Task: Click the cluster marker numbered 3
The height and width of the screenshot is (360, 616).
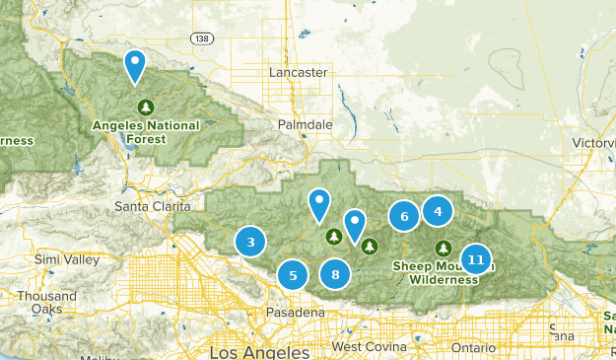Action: click(x=251, y=242)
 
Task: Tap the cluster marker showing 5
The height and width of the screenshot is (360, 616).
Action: click(x=292, y=276)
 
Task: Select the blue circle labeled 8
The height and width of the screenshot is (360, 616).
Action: click(x=336, y=275)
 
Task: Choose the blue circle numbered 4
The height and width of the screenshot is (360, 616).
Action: click(x=438, y=209)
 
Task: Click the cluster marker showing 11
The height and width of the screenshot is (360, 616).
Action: click(x=476, y=260)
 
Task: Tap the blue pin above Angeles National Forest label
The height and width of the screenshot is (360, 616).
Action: click(x=135, y=65)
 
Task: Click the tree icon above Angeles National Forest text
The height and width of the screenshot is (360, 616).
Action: click(x=146, y=107)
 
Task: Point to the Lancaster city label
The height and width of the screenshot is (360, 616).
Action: click(x=298, y=73)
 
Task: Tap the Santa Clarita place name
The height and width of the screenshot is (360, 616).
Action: click(x=152, y=206)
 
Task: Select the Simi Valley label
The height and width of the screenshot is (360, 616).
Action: click(x=67, y=259)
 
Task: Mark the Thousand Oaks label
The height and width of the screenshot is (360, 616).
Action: click(x=46, y=302)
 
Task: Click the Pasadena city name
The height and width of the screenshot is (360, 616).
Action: click(x=296, y=313)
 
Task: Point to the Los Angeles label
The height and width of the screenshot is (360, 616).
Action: click(x=259, y=351)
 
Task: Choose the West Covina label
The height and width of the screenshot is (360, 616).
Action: click(x=369, y=348)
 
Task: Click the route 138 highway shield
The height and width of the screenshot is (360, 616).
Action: click(x=202, y=37)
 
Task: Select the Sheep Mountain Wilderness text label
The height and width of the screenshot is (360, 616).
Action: click(x=444, y=272)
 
